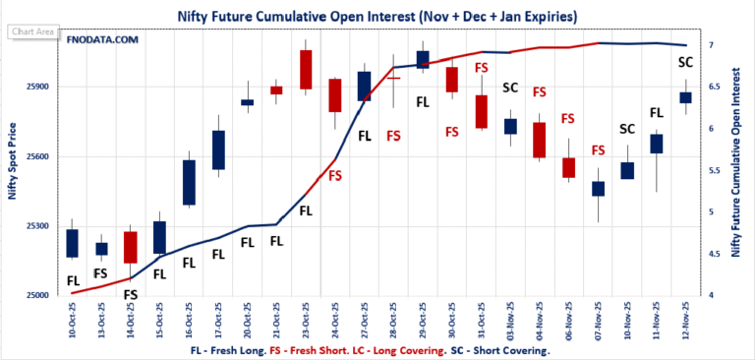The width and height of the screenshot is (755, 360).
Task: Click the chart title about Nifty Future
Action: [x=377, y=17]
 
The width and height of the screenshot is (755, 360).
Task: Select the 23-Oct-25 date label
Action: [x=306, y=316]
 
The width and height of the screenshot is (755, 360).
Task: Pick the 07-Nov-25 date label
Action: [x=598, y=316]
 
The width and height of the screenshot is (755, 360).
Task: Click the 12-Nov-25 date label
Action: [x=685, y=316]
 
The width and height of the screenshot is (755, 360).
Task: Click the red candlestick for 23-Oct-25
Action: [x=306, y=69]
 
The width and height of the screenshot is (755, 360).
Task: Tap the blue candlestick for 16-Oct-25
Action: [x=189, y=182]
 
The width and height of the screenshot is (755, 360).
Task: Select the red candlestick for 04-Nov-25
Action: [x=539, y=140]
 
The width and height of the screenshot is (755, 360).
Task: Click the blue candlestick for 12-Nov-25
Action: [x=685, y=96]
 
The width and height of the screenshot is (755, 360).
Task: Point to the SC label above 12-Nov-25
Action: [x=685, y=62]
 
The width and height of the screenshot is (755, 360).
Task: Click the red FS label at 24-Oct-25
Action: [x=335, y=175]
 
